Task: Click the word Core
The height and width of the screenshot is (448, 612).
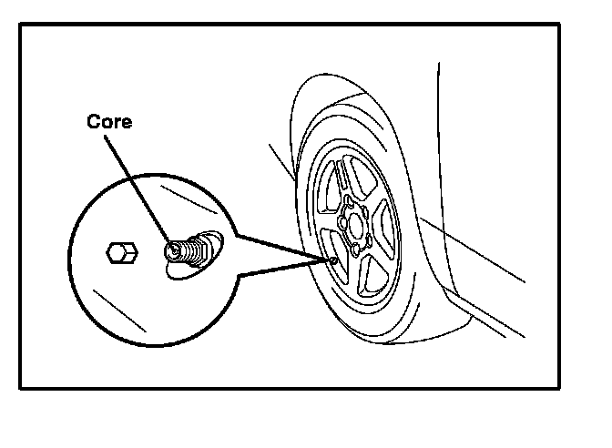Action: [x=108, y=122]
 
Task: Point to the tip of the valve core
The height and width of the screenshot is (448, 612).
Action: [x=169, y=247]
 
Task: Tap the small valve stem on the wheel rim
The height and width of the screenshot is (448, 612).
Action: [x=335, y=262]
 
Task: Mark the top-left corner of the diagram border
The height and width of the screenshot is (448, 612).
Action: [x=21, y=25]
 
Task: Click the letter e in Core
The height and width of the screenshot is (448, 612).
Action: [x=126, y=123]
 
